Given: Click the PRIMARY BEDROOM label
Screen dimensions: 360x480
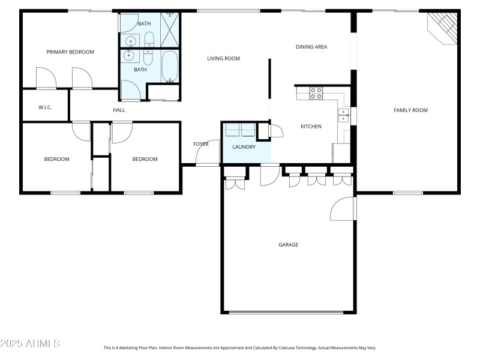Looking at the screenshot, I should point(70,52).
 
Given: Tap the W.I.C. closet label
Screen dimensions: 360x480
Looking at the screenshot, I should point(46,107).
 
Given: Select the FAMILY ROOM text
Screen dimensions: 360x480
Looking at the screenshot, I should point(410,110).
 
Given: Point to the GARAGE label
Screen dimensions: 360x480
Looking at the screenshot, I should point(288,245).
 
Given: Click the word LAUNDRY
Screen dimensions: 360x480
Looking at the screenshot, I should point(244,147).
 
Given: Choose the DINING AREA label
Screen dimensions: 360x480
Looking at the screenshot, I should point(311,47).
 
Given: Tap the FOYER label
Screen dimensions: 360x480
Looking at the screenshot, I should point(201,144).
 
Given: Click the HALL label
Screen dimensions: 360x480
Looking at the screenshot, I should point(119,110).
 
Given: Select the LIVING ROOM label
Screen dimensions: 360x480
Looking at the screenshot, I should point(224,59).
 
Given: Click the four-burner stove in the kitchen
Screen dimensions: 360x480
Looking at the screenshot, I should point(316,93).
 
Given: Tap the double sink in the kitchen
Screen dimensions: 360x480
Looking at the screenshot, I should point(343,115).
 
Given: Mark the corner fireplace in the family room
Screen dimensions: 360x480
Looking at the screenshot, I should point(444,28).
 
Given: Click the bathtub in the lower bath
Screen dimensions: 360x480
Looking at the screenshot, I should point(170,67).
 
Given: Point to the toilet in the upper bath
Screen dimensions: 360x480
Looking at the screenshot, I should point(149,40).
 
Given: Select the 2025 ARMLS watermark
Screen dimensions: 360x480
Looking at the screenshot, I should point(30,344).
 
